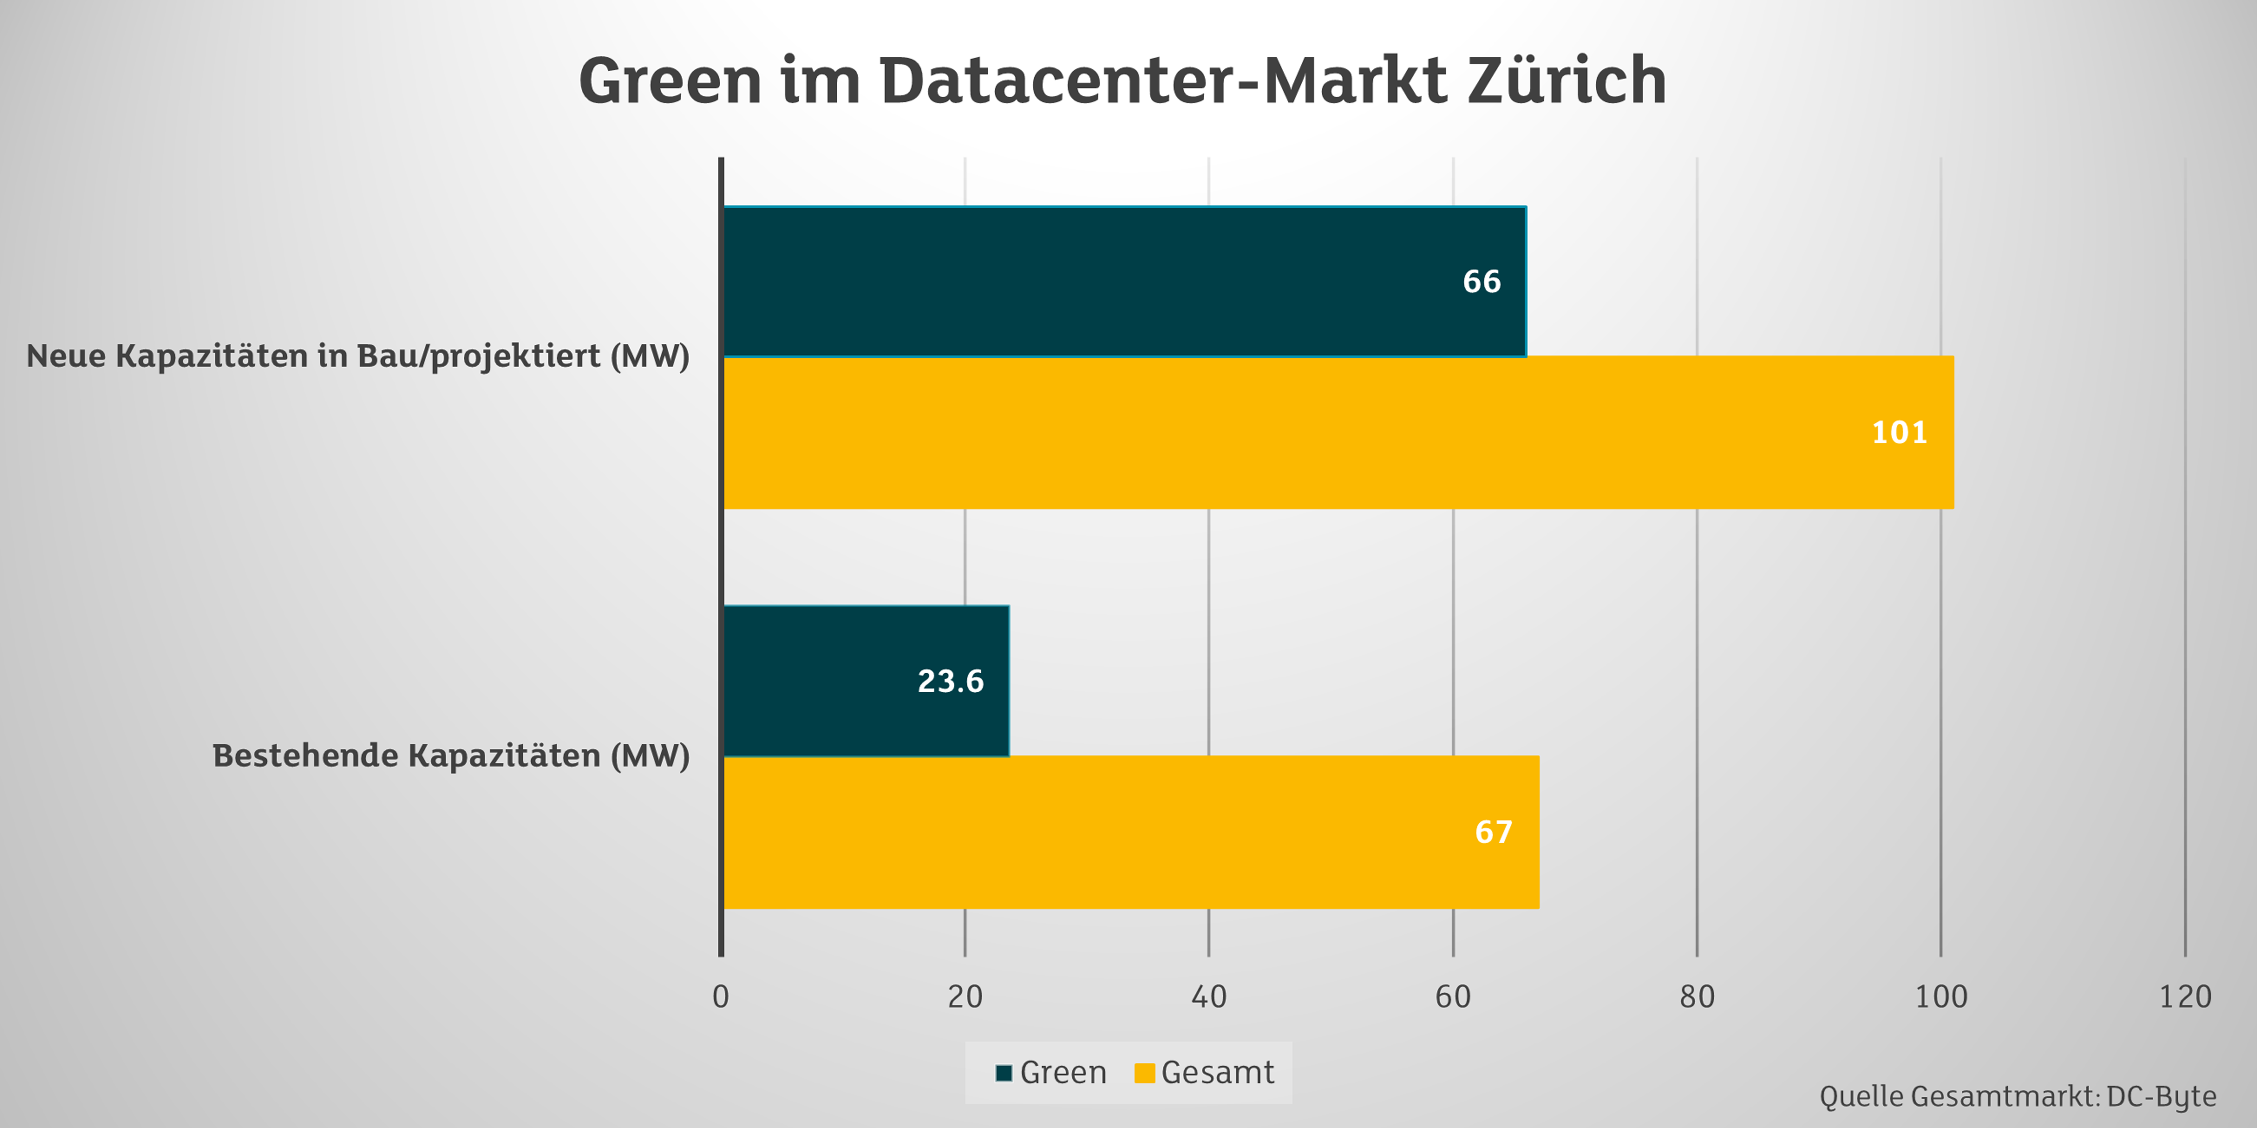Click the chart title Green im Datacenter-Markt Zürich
[1122, 81]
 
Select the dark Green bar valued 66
[1124, 281]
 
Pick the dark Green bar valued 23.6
[866, 681]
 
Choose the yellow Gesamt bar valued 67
[1130, 832]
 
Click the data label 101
[1899, 432]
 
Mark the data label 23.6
[951, 681]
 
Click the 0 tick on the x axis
[720, 996]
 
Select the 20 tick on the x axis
[965, 996]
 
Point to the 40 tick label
[1208, 996]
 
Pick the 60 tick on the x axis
[1453, 996]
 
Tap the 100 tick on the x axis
[1941, 996]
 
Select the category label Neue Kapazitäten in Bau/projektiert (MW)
[358, 356]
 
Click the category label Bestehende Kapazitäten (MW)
[450, 756]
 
